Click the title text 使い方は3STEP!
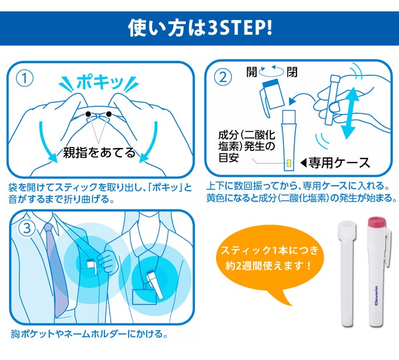pos(200,28)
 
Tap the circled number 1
pos(25,79)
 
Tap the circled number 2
pos(223,77)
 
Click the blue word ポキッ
pos(100,82)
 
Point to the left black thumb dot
pos(88,114)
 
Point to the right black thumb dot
pos(109,114)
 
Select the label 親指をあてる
pos(99,153)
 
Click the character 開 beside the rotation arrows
pos(251,72)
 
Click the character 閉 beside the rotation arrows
pos(292,72)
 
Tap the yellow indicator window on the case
pos(289,163)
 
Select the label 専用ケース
pos(339,163)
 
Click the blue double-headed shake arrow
pos(349,113)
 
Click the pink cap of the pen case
pos(377,222)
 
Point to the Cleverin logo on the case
pos(376,296)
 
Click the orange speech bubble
pos(270,262)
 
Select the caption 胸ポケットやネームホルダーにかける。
pos(89,334)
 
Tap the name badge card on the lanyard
pos(144,297)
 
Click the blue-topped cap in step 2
pos(271,94)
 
